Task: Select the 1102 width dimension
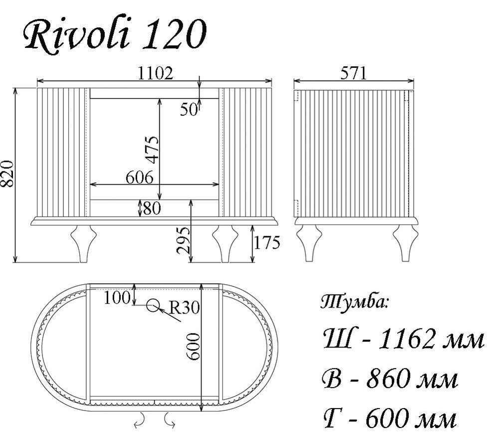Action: [x=155, y=74]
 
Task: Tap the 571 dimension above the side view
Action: [x=353, y=74]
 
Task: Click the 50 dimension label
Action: [x=189, y=110]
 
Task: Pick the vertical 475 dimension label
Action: [x=152, y=149]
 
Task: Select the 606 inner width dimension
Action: [x=139, y=178]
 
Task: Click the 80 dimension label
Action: [x=152, y=208]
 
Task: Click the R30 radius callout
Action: [x=184, y=308]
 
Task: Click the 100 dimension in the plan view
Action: [x=117, y=298]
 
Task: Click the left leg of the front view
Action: [x=82, y=242]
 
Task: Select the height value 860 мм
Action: [x=389, y=380]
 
